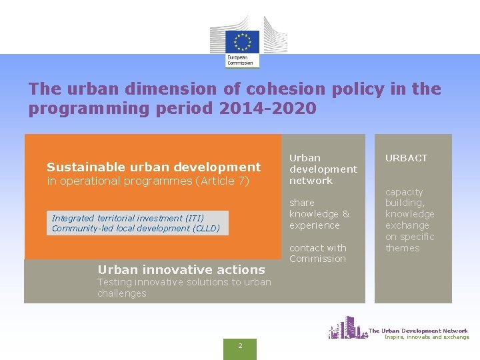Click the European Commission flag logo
coord(242,41)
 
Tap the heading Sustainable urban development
coord(153,167)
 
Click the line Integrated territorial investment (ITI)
coord(128,218)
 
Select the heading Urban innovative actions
coord(181,269)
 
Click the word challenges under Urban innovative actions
coord(121,293)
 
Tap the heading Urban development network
coord(323,169)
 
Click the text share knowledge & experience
coord(319,214)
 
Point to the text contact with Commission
coord(317,253)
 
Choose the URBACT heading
coord(406,158)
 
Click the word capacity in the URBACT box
coord(404,192)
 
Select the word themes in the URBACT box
coord(402,248)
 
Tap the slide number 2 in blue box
coord(240,345)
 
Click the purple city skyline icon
coord(347,328)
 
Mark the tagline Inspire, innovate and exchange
coord(427,337)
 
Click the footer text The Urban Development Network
coord(418,331)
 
